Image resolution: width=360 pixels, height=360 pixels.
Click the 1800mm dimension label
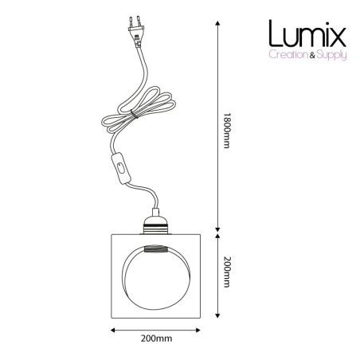[226, 131]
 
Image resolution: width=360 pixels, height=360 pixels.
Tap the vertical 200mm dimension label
[226, 272]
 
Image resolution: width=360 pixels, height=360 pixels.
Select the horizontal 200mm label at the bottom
[156, 338]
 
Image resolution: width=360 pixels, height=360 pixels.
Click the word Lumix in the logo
[307, 33]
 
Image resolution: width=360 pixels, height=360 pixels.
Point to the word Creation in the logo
[288, 55]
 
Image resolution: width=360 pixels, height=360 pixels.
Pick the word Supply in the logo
[332, 56]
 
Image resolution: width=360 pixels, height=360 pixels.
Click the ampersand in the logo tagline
[312, 55]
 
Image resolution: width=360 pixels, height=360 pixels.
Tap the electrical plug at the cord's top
[136, 31]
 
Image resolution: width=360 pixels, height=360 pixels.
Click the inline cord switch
[121, 168]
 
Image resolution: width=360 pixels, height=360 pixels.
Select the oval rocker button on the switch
[121, 168]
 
